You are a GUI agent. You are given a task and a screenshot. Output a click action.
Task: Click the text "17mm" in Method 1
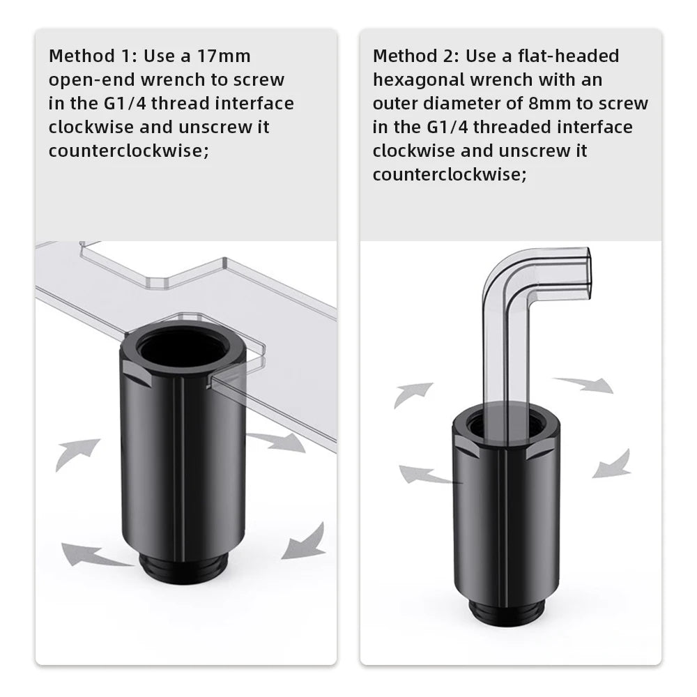(224, 56)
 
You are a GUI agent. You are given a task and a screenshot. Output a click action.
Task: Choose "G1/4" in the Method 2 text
(447, 127)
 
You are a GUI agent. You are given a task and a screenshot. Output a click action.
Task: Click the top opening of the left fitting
(182, 346)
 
